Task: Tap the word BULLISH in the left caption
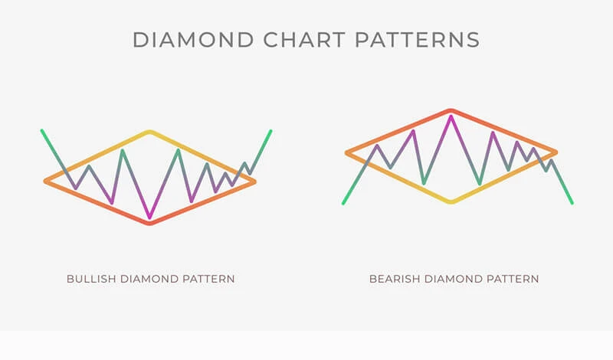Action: tap(90, 279)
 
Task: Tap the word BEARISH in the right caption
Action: tap(393, 279)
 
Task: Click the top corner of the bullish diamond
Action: tap(150, 133)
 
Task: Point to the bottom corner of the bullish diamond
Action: tap(150, 223)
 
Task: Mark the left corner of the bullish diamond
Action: tap(46, 182)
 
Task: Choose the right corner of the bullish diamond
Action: tap(254, 182)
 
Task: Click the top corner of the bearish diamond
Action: tap(451, 110)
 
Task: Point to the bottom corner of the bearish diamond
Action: tap(451, 201)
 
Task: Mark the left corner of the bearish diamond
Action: tap(347, 153)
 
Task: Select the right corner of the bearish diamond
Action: tap(555, 153)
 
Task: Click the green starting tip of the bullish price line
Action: tap(42, 131)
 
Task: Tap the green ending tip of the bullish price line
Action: tap(270, 131)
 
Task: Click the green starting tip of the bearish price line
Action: tap(343, 203)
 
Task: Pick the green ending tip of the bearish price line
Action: tap(572, 202)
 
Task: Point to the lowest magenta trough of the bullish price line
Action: tap(150, 217)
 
